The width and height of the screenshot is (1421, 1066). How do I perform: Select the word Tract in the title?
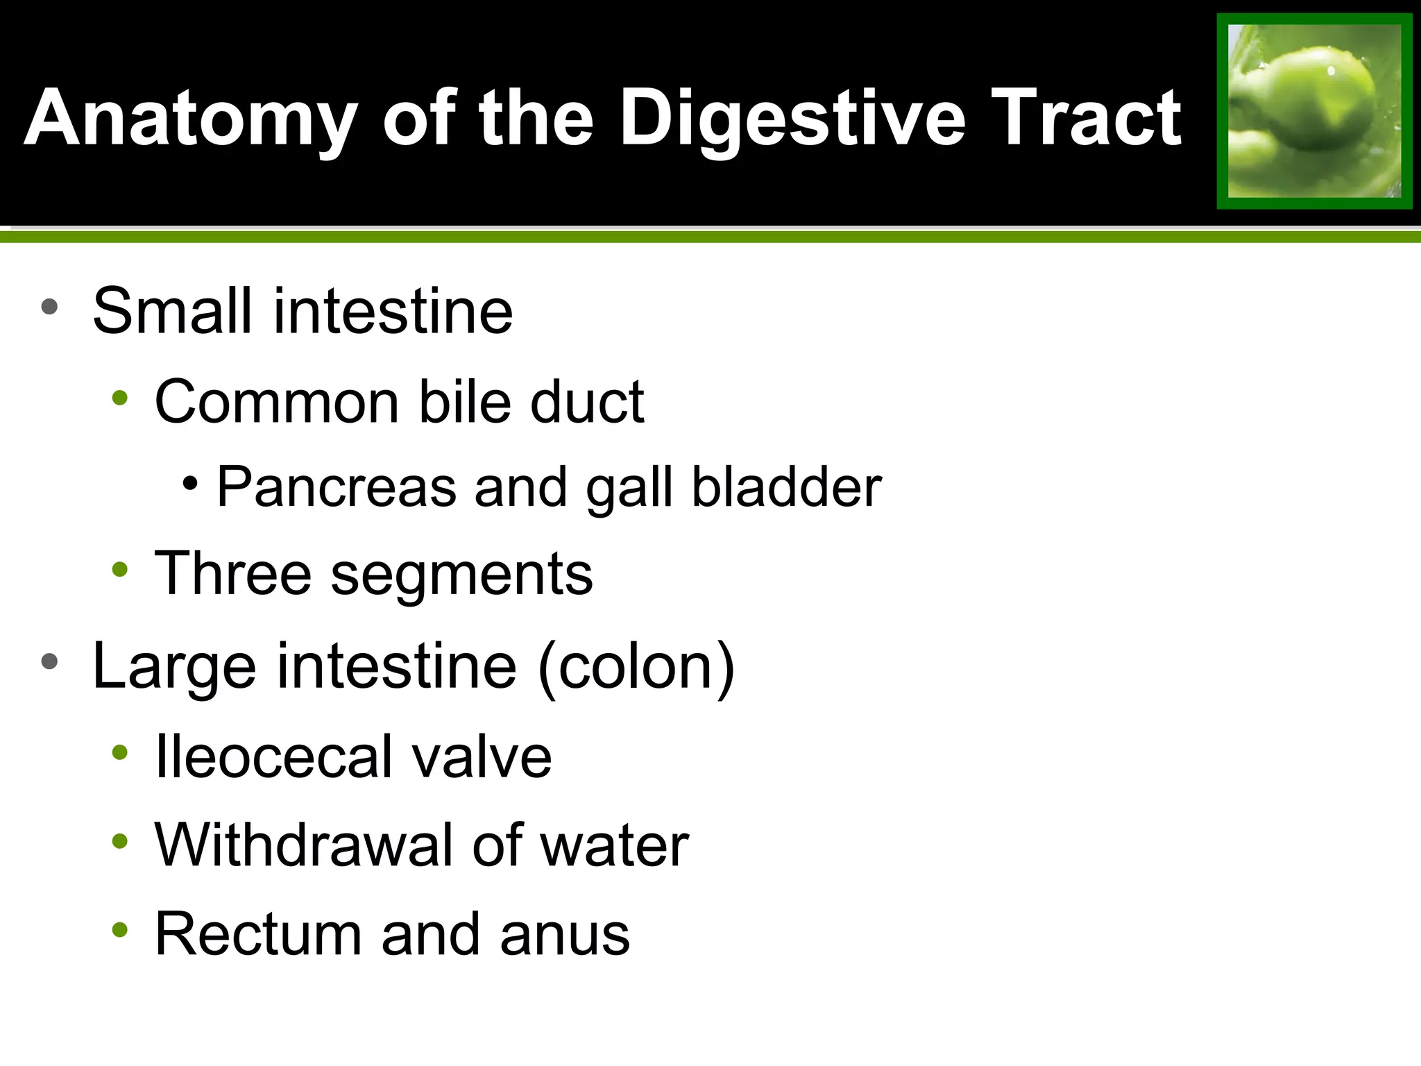tap(1087, 119)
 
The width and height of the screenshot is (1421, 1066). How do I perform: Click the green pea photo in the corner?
tap(1314, 111)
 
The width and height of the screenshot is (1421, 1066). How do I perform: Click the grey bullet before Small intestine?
tap(49, 306)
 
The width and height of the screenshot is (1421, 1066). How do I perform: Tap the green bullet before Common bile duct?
tap(120, 398)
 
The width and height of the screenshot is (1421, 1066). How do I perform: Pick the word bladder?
tap(787, 487)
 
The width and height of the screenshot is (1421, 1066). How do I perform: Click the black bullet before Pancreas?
tap(190, 482)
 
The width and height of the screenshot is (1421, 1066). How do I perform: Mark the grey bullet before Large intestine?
tap(49, 661)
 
